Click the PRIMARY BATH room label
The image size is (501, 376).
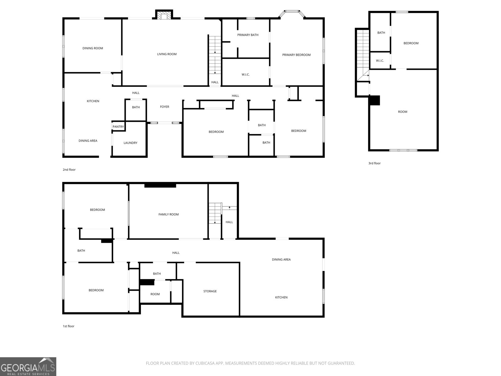coord(248,35)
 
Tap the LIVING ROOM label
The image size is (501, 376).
coord(167,54)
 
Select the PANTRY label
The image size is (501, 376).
coord(118,127)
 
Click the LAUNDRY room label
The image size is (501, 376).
coord(130,143)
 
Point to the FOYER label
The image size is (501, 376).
coord(164,107)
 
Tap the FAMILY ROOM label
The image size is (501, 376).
coord(168,215)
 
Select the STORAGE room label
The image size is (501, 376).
coord(210,291)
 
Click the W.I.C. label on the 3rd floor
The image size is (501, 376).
coord(380,61)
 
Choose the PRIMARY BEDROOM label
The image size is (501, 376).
coord(296,55)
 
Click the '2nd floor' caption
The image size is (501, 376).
coord(69,170)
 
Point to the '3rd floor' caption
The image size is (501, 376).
coord(374,163)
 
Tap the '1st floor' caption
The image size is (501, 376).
coord(69,326)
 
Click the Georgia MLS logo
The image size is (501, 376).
coord(28,367)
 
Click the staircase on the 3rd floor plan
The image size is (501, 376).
coord(363,53)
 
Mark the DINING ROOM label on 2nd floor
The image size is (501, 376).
coord(93,48)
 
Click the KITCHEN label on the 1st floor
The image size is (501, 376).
coord(281,298)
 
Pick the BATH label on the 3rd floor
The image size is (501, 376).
coord(381,33)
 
